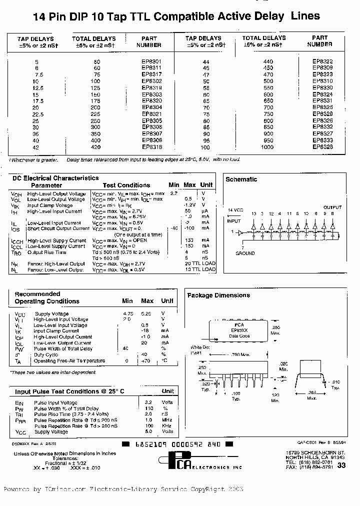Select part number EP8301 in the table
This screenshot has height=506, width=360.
pyautogui.click(x=151, y=61)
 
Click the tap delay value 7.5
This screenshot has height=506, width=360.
pyautogui.click(x=36, y=74)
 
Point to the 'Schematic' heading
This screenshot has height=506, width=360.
pyautogui.click(x=241, y=179)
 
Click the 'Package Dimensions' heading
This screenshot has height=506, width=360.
pyautogui.click(x=218, y=295)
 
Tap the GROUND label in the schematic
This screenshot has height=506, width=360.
pyautogui.click(x=245, y=253)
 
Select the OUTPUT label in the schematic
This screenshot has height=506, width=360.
pyautogui.click(x=332, y=207)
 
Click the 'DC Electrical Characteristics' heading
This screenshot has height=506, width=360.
pyautogui.click(x=55, y=178)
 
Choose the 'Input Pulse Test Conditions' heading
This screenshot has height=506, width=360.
pyautogui.click(x=69, y=391)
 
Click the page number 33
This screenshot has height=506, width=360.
pyautogui.click(x=342, y=465)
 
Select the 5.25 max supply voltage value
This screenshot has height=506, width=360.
pyautogui.click(x=146, y=313)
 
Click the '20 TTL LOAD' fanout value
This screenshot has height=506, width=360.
pyautogui.click(x=199, y=263)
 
